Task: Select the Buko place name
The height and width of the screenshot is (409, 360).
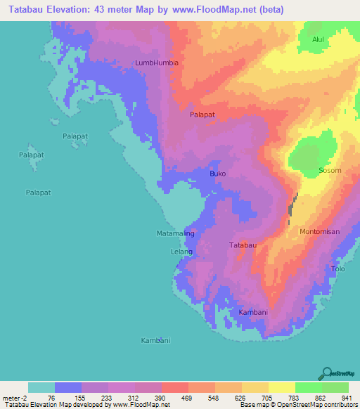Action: pos(218,173)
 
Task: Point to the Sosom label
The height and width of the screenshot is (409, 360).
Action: pos(330,170)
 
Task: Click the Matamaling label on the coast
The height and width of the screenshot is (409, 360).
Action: pos(174,233)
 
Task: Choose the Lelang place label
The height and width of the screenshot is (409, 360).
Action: pos(181,250)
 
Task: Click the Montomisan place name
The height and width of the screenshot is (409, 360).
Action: pos(319,231)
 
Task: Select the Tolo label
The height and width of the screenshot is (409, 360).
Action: pos(338,268)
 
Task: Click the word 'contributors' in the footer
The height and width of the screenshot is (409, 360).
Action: pos(342,404)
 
